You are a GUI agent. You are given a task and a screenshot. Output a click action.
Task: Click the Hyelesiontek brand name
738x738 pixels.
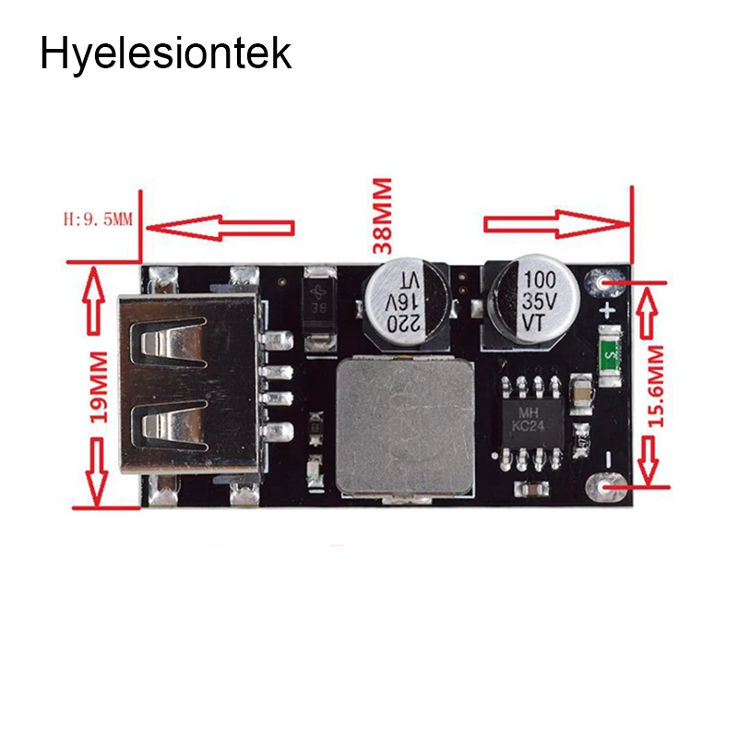[x=166, y=54]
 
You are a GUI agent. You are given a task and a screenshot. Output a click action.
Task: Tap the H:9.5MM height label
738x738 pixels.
[x=98, y=220]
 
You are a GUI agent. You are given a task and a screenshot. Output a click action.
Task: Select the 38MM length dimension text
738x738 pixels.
[x=382, y=216]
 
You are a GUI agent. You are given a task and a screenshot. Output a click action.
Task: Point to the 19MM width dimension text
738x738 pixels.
[x=98, y=387]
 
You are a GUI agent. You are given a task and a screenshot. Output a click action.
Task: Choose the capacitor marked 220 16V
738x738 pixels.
[x=406, y=303]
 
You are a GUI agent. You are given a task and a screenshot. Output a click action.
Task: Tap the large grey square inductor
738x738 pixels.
[x=406, y=426]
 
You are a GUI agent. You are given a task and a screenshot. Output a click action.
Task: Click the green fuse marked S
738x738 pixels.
[x=611, y=355]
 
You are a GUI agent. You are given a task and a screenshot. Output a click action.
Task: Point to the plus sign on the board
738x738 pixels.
[x=608, y=311]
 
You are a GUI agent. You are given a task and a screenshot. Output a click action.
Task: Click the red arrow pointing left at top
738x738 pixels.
[x=220, y=228]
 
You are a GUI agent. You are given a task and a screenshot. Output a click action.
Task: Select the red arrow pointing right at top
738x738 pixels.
[x=556, y=224]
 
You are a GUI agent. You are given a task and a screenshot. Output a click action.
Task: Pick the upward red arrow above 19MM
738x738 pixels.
[x=93, y=301]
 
